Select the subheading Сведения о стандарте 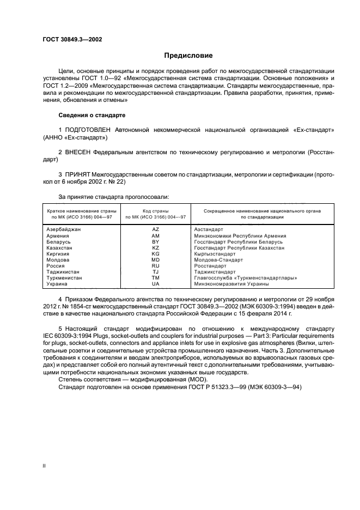click(x=91, y=116)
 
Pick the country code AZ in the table click(x=155, y=229)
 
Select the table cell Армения click(x=58, y=235)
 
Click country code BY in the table click(x=155, y=241)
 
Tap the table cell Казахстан click(x=60, y=247)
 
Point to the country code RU click(x=155, y=266)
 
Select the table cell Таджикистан click(x=63, y=272)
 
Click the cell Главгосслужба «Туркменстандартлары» click(x=245, y=278)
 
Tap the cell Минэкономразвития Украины click(x=231, y=284)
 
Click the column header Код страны click(x=155, y=210)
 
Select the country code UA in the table click(x=155, y=284)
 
